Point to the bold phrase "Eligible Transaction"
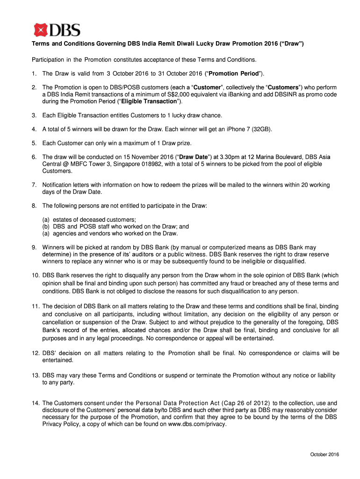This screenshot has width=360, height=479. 149,102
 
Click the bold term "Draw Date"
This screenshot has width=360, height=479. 194,157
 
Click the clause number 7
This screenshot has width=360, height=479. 34,185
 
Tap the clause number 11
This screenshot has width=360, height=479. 36,306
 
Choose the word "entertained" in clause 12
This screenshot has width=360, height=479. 58,360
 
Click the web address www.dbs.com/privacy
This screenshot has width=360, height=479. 197,424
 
